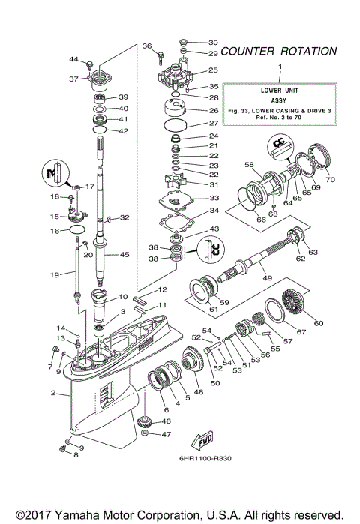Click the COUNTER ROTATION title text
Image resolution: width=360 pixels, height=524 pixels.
[278, 52]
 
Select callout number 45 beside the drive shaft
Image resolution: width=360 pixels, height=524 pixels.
[124, 254]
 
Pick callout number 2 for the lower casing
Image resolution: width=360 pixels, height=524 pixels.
[53, 392]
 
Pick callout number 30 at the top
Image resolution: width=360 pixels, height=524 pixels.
[213, 43]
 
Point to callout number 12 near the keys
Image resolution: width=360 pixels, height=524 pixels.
[162, 289]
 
